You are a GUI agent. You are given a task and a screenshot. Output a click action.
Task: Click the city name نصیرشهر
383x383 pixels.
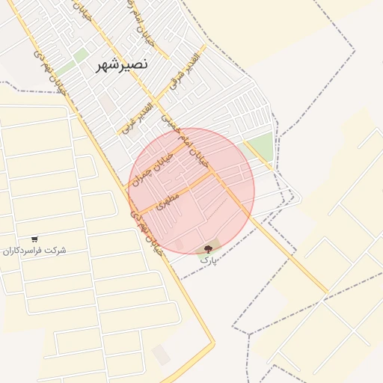(x=122, y=65)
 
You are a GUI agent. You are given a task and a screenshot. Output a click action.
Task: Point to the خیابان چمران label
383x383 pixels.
(x=152, y=166)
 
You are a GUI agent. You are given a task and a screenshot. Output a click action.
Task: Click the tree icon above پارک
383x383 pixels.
(x=208, y=248)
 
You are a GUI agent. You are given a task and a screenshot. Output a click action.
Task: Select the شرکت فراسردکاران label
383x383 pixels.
(x=34, y=250)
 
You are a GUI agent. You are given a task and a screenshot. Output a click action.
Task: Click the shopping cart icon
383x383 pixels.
(x=34, y=239)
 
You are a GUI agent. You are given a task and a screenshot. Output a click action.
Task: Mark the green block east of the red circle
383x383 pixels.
(x=259, y=147)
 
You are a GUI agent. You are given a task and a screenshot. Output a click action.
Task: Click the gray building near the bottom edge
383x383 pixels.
(x=161, y=354)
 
